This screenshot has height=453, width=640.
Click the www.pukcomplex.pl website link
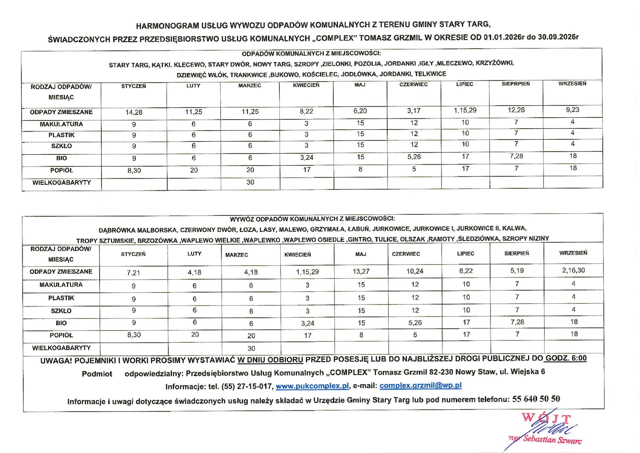click(312, 386)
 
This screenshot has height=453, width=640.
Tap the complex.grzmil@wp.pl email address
click(420, 385)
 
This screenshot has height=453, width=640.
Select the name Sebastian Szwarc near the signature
click(552, 440)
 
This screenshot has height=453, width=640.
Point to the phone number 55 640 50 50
click(536, 399)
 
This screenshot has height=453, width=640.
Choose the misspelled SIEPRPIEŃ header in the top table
click(516, 84)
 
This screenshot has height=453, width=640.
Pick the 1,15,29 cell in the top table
click(465, 110)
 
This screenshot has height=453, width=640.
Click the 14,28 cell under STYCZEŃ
click(134, 112)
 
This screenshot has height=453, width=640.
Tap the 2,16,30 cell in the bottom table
click(573, 270)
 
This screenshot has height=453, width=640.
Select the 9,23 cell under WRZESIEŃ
click(572, 110)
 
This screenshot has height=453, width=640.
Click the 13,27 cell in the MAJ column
click(361, 272)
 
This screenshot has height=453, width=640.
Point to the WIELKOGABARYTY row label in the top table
click(62, 183)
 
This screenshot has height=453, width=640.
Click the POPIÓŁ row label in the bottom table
click(61, 335)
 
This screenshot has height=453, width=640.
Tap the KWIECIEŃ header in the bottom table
click(297, 255)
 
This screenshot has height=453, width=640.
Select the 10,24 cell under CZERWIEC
click(415, 271)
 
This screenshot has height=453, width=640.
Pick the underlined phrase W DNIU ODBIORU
click(270, 360)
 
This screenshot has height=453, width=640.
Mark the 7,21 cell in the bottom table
click(133, 273)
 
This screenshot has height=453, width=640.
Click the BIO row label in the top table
click(61, 158)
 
